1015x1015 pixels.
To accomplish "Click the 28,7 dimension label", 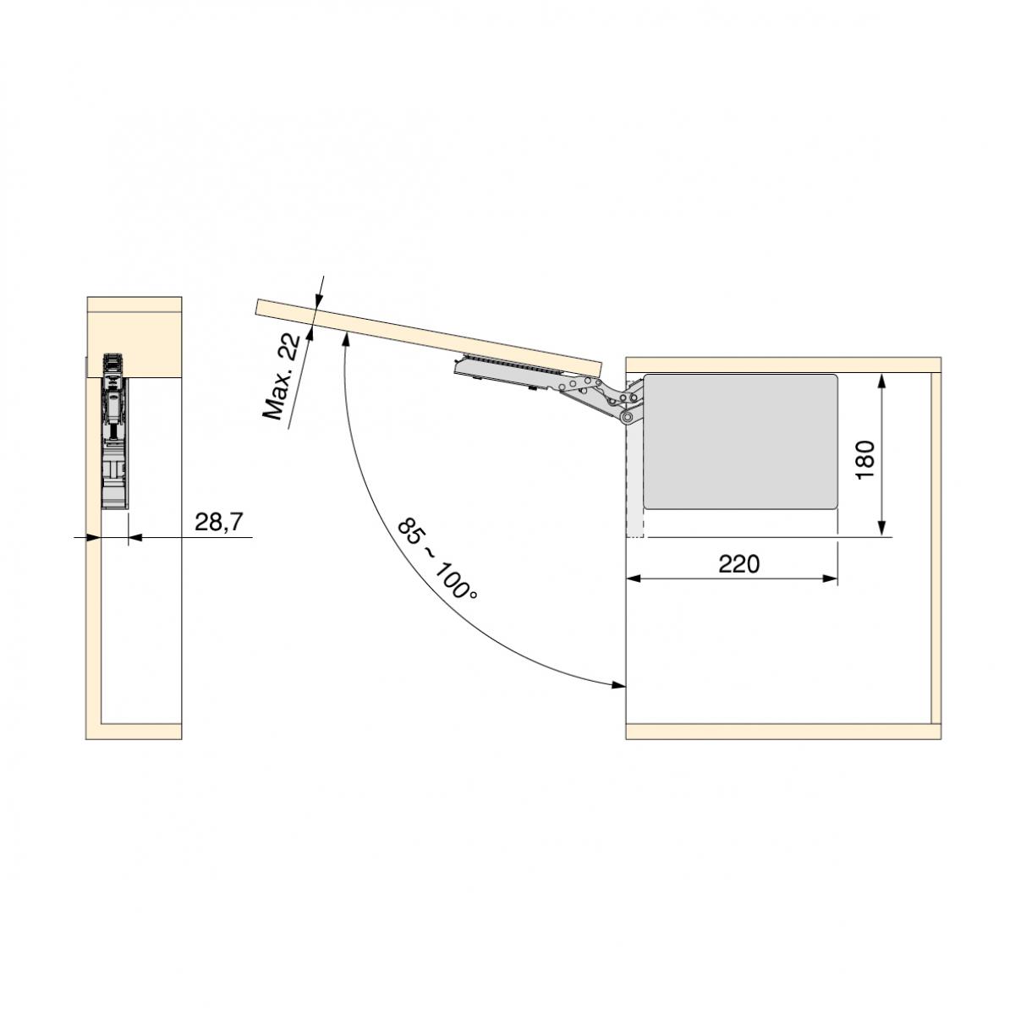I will coord(218,522).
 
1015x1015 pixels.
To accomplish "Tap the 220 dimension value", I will coord(739,563).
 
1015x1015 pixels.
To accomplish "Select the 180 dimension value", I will coord(865,459).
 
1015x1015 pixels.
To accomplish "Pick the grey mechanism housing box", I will coord(740,441).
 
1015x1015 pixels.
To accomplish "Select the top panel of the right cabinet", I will coord(782,365).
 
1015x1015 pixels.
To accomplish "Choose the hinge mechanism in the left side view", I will coord(113,431).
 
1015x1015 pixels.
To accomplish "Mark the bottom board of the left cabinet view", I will coord(135,732).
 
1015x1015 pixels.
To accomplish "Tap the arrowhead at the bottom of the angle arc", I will coord(617,684).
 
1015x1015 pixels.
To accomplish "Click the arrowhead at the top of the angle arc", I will coord(347,338).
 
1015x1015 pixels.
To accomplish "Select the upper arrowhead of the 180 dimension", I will coord(883,381).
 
